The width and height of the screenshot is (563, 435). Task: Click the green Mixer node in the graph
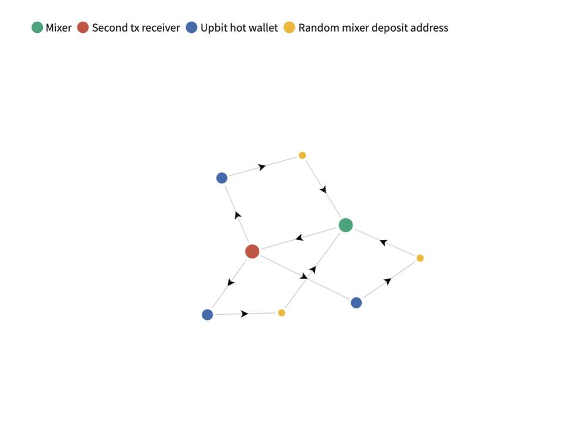coord(345,225)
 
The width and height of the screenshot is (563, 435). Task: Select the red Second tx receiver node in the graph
coord(252,252)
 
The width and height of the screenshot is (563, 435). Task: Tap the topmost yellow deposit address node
coord(303,155)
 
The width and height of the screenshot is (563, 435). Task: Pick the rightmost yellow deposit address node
coord(420,258)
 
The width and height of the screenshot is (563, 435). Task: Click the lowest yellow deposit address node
coord(281,313)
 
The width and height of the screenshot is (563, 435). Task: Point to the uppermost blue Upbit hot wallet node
coord(222,178)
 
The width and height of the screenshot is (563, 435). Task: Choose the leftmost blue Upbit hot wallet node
coord(208,315)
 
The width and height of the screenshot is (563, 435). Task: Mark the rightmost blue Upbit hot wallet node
coord(356,303)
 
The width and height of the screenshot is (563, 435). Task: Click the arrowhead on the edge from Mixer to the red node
coord(300,237)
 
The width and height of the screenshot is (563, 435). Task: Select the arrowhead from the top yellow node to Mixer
coord(324,189)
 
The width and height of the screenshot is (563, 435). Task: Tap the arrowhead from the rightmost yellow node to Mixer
coord(383,242)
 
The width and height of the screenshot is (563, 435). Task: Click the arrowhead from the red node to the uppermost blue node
coord(238,215)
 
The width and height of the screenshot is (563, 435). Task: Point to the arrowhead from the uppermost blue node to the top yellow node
coord(262,167)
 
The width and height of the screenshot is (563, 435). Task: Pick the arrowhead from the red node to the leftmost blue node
coord(231,282)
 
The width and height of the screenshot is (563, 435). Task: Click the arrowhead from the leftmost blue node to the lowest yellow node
coord(244,314)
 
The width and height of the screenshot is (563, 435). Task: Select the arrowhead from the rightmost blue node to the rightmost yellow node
coord(388,281)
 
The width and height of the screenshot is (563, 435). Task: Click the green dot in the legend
coord(38,28)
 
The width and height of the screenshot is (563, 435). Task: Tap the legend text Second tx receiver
coord(136,28)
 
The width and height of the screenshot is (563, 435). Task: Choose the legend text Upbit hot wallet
coord(239,28)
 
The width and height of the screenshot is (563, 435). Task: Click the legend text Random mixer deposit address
coord(374,28)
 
